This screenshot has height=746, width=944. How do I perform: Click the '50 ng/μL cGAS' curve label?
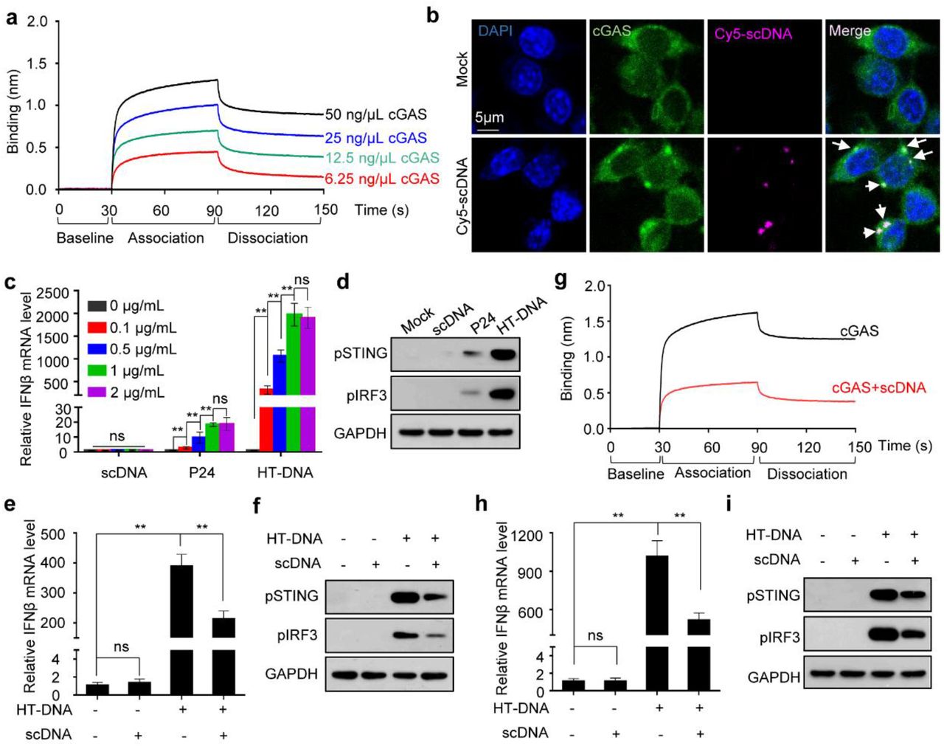[x=375, y=114]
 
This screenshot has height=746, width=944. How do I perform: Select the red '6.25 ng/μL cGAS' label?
[x=382, y=179]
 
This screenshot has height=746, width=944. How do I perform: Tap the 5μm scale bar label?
[x=489, y=117]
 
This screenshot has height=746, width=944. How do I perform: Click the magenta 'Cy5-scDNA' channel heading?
[x=753, y=33]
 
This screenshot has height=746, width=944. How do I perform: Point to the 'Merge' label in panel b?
[x=850, y=31]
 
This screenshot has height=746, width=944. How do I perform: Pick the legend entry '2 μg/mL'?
[x=137, y=393]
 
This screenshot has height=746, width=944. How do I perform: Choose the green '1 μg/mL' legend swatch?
[x=97, y=371]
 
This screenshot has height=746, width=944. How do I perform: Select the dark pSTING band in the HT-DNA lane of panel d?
[x=507, y=353]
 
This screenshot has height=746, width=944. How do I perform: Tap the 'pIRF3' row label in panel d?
[x=367, y=396]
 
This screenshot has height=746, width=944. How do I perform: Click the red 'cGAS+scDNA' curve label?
[x=878, y=387]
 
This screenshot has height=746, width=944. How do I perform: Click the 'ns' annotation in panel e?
[x=121, y=647]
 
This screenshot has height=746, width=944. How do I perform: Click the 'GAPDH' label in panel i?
[x=774, y=677]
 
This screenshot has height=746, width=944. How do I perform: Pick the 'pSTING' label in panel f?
[x=291, y=595]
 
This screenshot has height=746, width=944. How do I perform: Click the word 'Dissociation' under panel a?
[x=268, y=238]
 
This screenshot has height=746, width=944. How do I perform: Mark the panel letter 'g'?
[x=561, y=281]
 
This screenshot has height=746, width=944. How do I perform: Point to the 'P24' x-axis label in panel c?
[x=201, y=472]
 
